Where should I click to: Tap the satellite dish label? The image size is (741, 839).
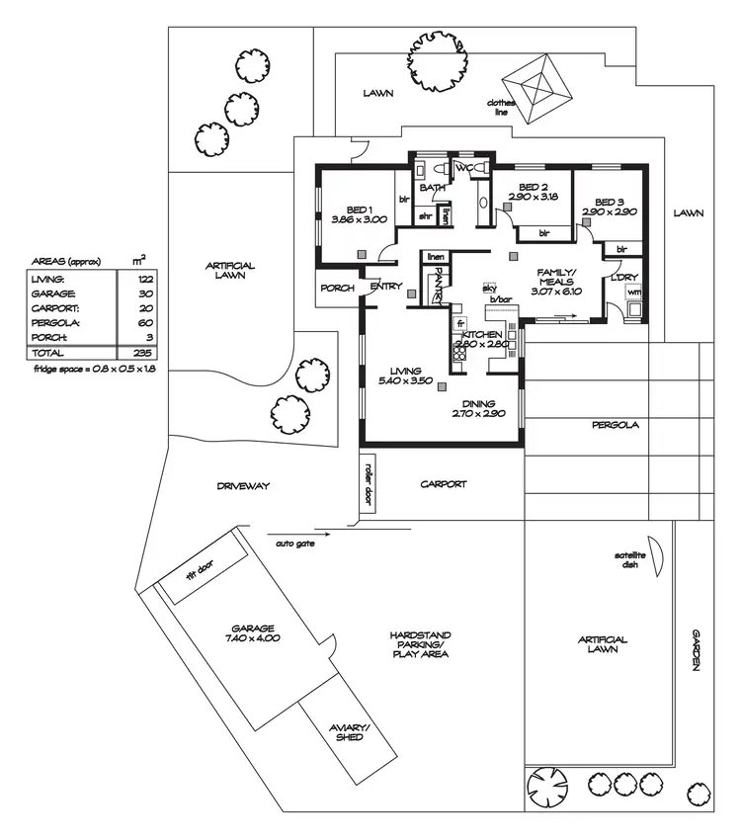[x=629, y=560]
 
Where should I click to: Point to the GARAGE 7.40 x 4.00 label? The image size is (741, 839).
[x=252, y=633]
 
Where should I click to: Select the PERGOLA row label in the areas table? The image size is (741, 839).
[x=50, y=322]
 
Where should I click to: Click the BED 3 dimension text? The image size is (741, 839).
[x=602, y=212]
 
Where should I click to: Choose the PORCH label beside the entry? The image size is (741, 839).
[x=336, y=289]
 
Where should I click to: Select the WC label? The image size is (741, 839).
[x=461, y=169]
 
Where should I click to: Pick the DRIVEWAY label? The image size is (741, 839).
[x=242, y=486]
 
